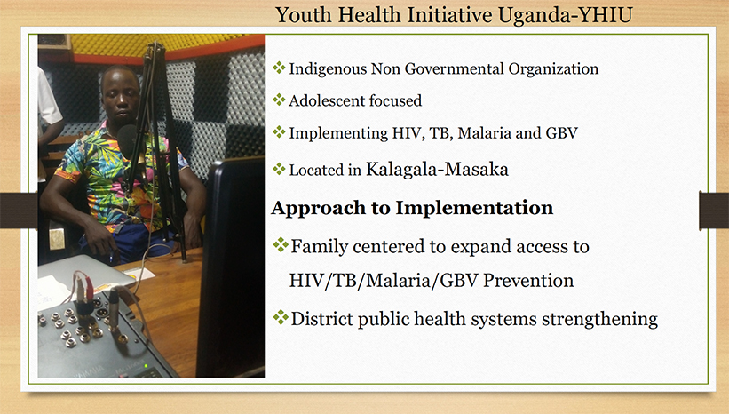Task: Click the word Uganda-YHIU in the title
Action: pyautogui.click(x=565, y=15)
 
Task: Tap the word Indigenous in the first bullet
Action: pyautogui.click(x=328, y=68)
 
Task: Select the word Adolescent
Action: pyautogui.click(x=321, y=100)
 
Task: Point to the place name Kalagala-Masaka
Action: pyautogui.click(x=437, y=169)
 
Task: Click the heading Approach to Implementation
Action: pyautogui.click(x=412, y=208)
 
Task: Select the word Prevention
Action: pyautogui.click(x=528, y=280)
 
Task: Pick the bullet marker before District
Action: pyautogui.click(x=281, y=318)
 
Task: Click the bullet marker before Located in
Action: pyautogui.click(x=279, y=169)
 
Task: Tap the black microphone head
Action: pyautogui.click(x=126, y=137)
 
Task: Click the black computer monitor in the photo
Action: pyautogui.click(x=231, y=266)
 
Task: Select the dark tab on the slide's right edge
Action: pyautogui.click(x=714, y=210)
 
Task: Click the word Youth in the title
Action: pyautogui.click(x=304, y=15)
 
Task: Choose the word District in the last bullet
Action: pyautogui.click(x=321, y=319)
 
